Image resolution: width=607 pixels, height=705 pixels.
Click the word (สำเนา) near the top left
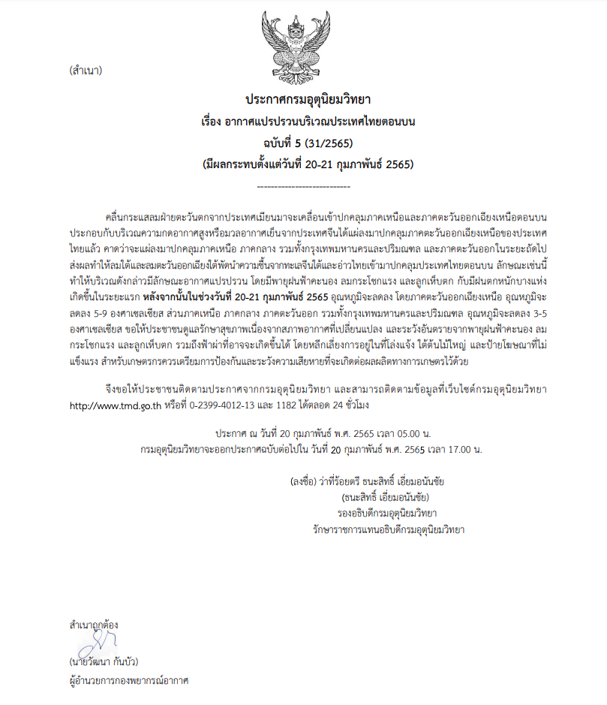coord(85,72)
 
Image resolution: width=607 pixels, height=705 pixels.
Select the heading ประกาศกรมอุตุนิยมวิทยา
coord(303,99)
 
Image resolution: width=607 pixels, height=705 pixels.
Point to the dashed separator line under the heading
coord(303,184)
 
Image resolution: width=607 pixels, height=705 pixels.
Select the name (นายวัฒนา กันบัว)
coord(104,663)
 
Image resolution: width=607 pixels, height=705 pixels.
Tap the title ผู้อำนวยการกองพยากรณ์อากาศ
coord(128,681)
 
